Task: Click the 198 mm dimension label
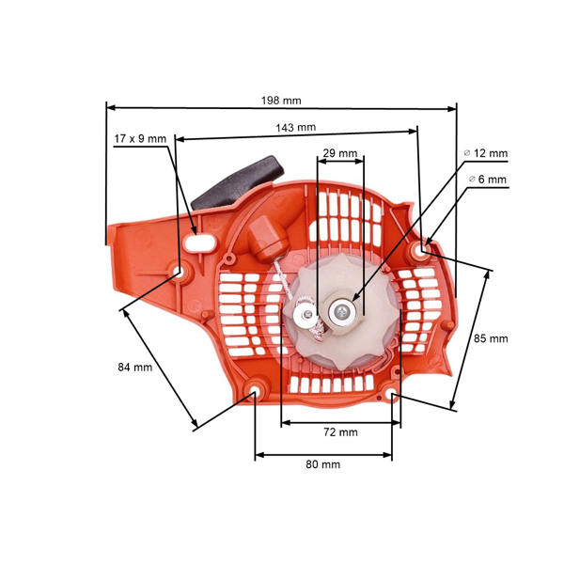[x=281, y=100]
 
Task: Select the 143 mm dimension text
[x=295, y=127]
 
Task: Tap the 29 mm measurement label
[x=339, y=152]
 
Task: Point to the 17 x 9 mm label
[x=139, y=138]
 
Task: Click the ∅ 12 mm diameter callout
[x=486, y=153]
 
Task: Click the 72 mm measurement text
[x=339, y=432]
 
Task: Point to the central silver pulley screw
[x=343, y=309]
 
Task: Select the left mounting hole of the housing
[x=179, y=272]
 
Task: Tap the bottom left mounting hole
[x=255, y=390]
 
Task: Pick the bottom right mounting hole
[x=392, y=397]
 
